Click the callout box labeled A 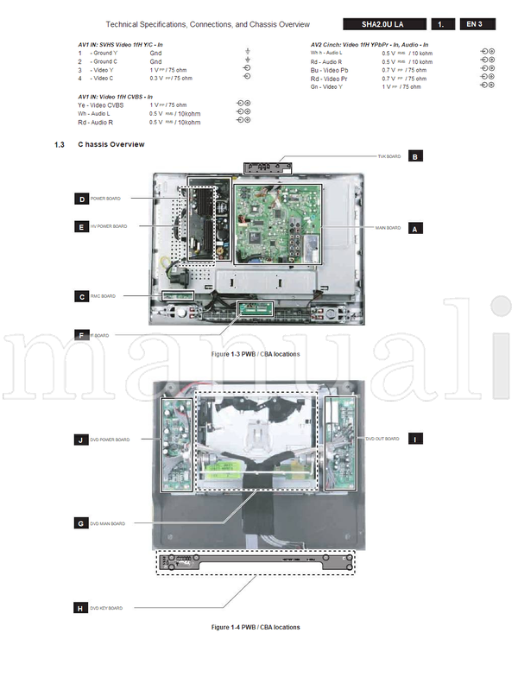(415, 229)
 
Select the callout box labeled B (415, 157)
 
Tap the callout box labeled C (82, 296)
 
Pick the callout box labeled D (82, 199)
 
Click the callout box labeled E (82, 226)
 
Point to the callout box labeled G (81, 523)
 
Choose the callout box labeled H (81, 608)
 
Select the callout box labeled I (415, 439)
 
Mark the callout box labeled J (82, 440)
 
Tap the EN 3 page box (475, 24)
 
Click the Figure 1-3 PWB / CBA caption (256, 355)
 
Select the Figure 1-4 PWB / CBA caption (256, 627)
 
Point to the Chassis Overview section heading (111, 144)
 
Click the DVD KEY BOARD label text (106, 608)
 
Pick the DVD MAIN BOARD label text (108, 523)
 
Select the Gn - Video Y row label (327, 86)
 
